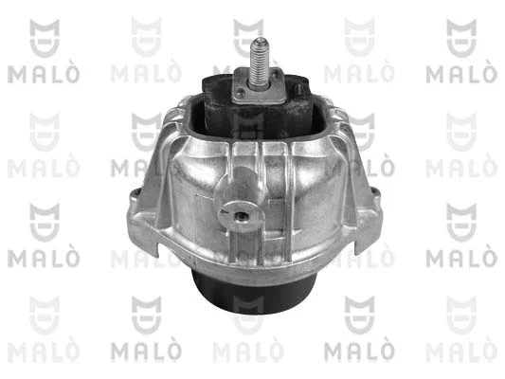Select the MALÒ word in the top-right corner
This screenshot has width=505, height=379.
click(x=460, y=73)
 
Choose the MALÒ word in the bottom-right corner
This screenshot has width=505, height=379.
click(x=460, y=350)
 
